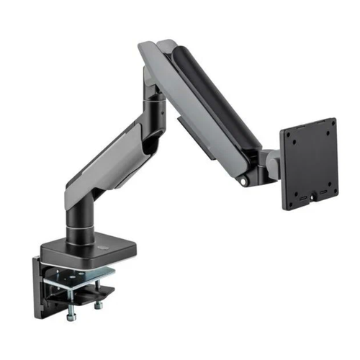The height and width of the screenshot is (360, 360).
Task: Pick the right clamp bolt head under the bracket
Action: (x=99, y=305)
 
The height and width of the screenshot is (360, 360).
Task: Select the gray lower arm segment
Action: (x=108, y=162)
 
